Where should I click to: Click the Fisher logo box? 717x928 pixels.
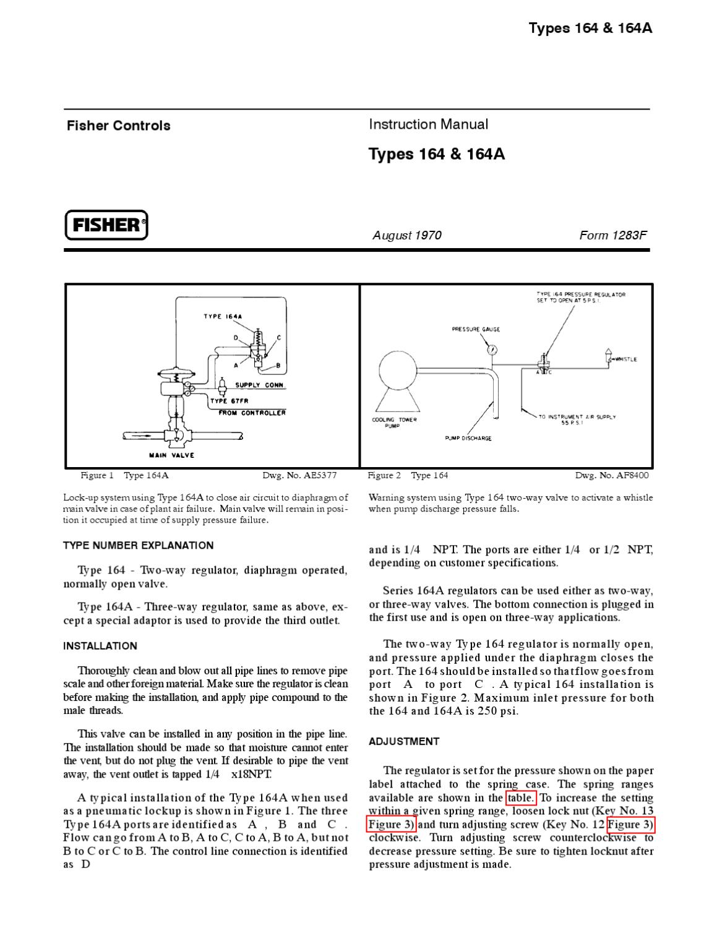click(x=106, y=225)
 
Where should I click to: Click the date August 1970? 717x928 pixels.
click(x=406, y=235)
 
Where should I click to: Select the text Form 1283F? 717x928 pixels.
click(x=612, y=235)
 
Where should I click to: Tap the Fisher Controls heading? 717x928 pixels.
click(x=118, y=126)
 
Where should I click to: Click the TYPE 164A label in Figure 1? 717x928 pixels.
click(x=223, y=317)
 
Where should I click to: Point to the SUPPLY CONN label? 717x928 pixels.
click(x=259, y=385)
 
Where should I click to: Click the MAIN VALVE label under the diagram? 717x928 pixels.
click(x=171, y=455)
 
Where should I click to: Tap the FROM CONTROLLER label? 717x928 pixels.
click(x=252, y=413)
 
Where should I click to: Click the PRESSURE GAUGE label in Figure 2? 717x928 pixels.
click(x=476, y=330)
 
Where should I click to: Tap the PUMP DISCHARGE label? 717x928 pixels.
click(x=468, y=439)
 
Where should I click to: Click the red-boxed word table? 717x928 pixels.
click(x=520, y=798)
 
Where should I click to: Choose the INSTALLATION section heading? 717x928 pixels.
click(x=100, y=646)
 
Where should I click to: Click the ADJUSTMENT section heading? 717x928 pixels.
click(x=404, y=741)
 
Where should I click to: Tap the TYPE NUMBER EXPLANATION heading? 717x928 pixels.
click(x=138, y=546)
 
